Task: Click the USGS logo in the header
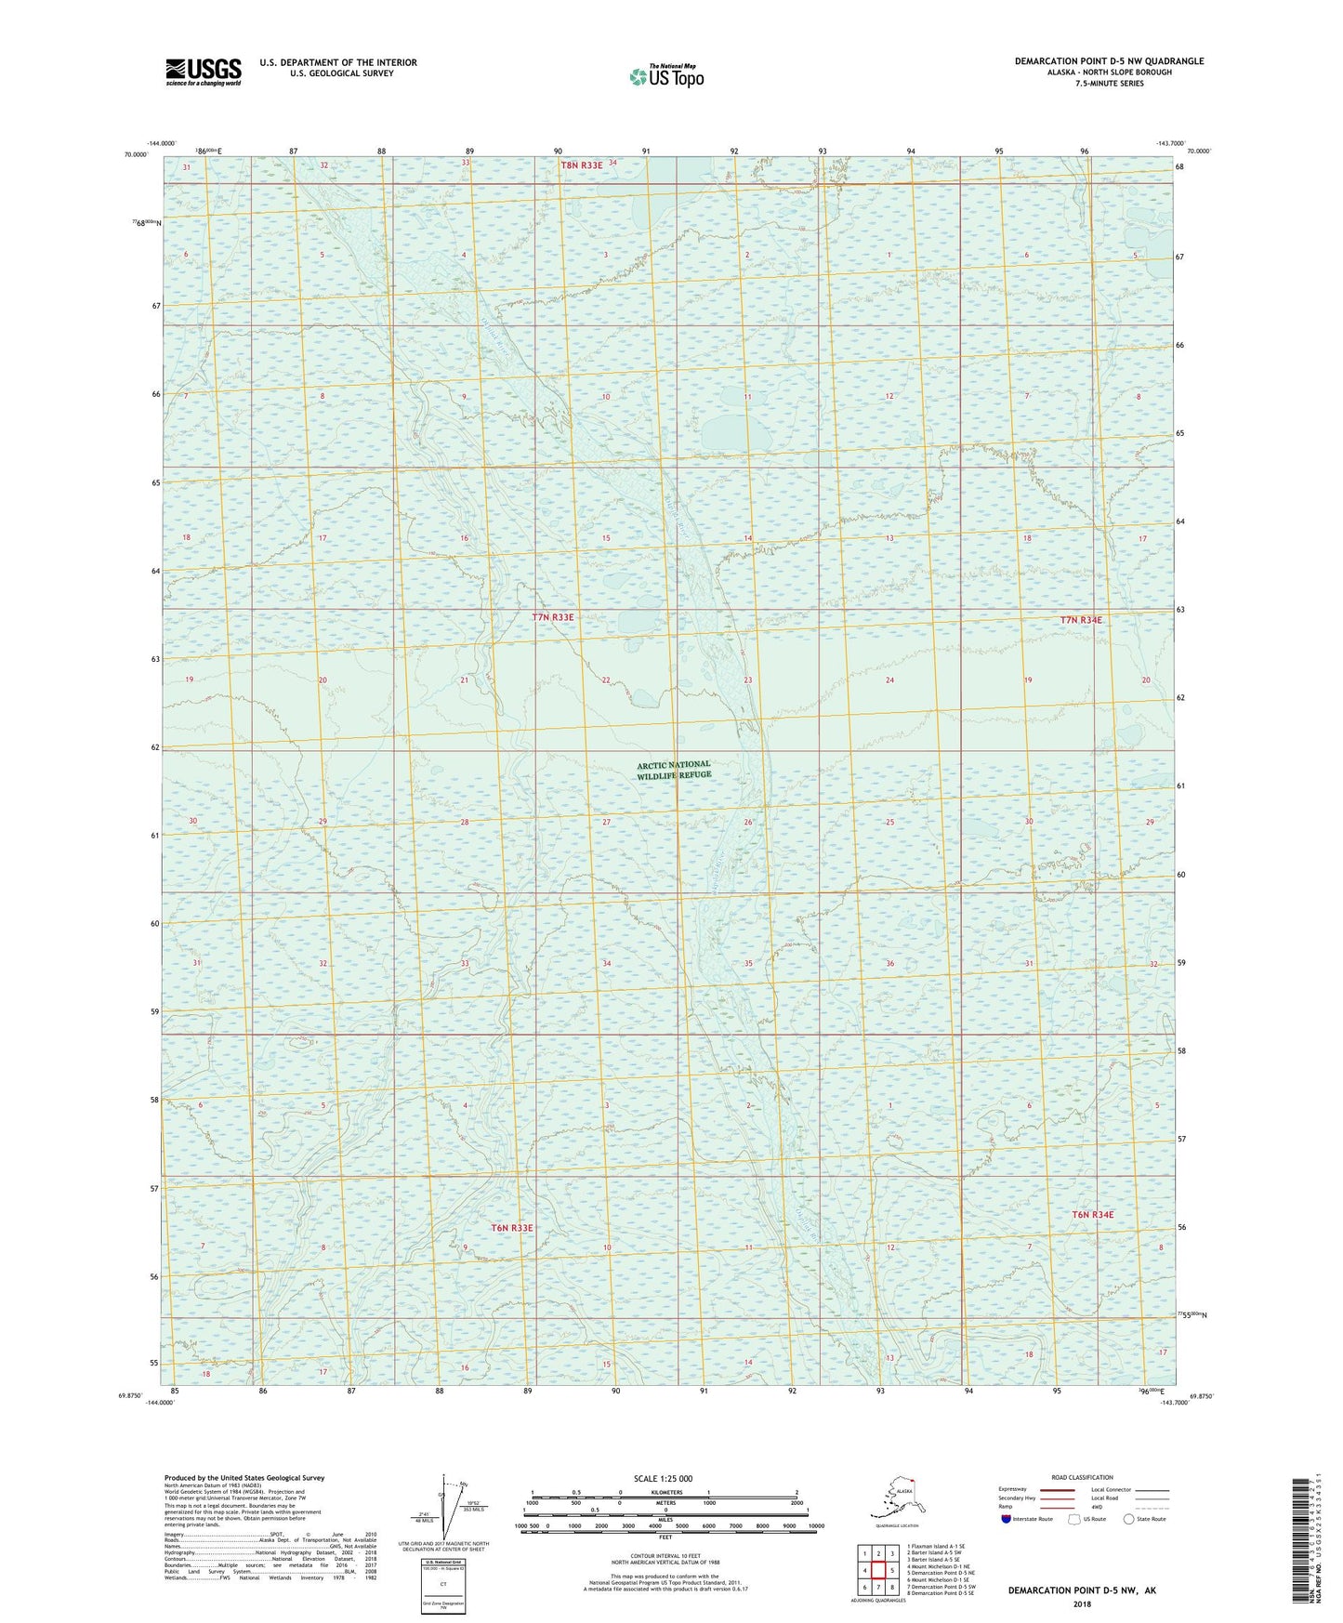pyautogui.click(x=203, y=72)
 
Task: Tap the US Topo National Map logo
pyautogui.click(x=665, y=75)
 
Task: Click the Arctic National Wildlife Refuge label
pyautogui.click(x=674, y=770)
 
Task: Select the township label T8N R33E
pyautogui.click(x=582, y=165)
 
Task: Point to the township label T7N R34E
pyautogui.click(x=1081, y=620)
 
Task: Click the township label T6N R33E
pyautogui.click(x=512, y=1228)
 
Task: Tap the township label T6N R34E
pyautogui.click(x=1092, y=1215)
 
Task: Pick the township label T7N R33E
pyautogui.click(x=553, y=617)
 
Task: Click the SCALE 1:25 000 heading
pyautogui.click(x=664, y=1478)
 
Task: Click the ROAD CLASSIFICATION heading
pyautogui.click(x=1082, y=1477)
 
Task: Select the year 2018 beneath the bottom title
pyautogui.click(x=1082, y=1603)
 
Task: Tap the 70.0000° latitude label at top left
pyautogui.click(x=136, y=154)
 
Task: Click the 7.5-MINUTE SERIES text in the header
pyautogui.click(x=1109, y=84)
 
